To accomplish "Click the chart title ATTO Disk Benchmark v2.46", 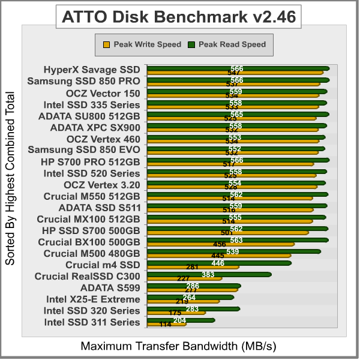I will click(179, 16).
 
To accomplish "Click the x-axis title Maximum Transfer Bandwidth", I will click(179, 346).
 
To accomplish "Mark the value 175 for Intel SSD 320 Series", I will click(175, 313).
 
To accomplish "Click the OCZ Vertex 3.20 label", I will click(101, 184).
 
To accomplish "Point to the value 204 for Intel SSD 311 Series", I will click(179, 320).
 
